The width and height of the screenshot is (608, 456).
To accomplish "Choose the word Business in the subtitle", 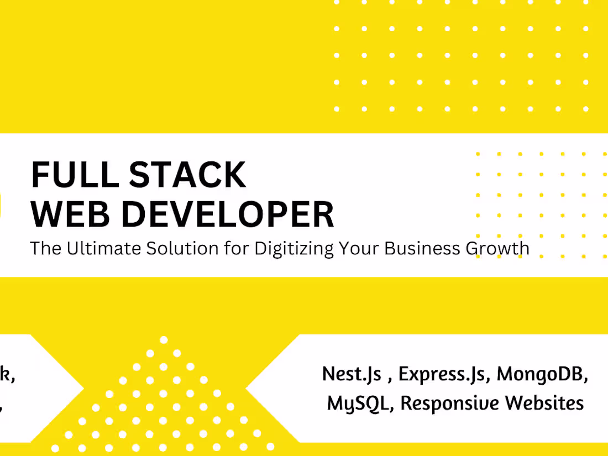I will click(x=421, y=249).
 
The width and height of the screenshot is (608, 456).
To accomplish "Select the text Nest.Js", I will click(x=352, y=375).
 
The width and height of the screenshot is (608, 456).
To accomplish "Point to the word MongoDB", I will click(x=541, y=375).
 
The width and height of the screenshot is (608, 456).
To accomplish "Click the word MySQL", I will click(x=360, y=403).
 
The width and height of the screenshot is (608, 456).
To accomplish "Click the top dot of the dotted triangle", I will click(x=164, y=339).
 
